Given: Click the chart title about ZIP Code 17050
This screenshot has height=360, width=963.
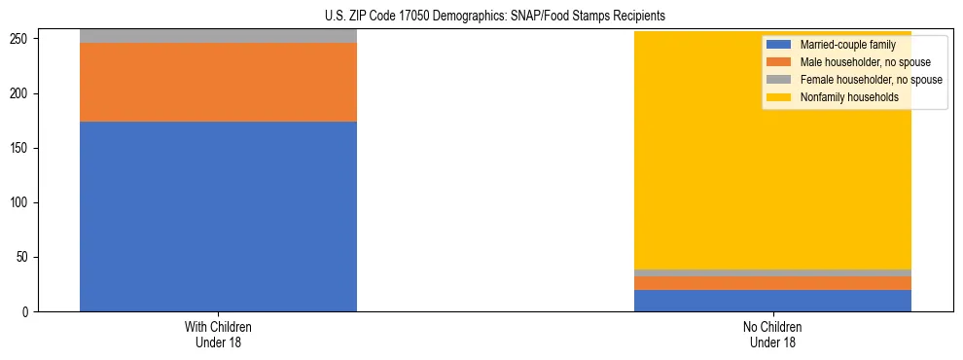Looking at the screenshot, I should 494,17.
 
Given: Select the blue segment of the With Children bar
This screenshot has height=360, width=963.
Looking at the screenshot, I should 218,216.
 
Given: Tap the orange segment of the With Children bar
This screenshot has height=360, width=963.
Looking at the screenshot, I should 218,82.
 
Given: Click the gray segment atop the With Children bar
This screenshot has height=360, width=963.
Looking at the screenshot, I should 218,36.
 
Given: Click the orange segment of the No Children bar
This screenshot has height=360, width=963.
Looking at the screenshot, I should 772,283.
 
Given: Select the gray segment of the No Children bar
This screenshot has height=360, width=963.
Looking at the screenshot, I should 772,272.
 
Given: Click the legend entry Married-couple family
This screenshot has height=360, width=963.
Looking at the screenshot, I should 847,45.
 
